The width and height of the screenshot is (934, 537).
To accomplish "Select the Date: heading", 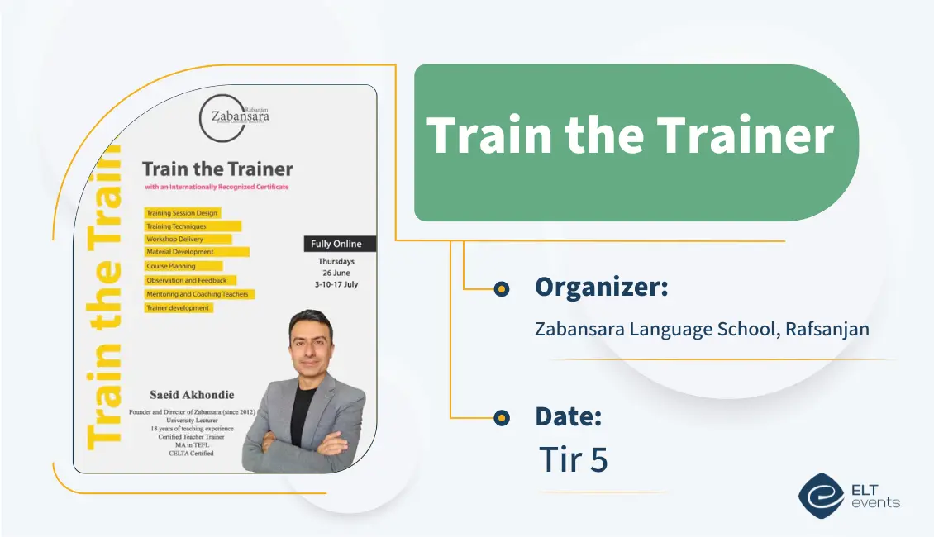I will coord(568,416).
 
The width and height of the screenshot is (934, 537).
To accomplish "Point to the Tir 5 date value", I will coord(573,459).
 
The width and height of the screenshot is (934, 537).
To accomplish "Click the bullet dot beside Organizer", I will coord(501,288).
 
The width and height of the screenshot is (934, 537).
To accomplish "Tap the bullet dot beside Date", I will coord(501,418).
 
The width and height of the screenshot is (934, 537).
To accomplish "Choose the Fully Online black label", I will coord(336,244).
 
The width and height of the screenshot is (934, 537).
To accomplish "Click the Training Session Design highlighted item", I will coord(182,213).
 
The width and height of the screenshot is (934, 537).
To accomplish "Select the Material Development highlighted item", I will coord(180,252).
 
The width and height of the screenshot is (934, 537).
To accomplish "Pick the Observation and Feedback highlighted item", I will coord(185,280).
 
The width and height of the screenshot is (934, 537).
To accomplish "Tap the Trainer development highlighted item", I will coord(179,308).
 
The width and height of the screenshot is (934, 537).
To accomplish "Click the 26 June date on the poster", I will coord(336,273).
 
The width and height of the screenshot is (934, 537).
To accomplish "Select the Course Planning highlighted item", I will coord(171,266).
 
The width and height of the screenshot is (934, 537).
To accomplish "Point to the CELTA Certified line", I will coord(191,453).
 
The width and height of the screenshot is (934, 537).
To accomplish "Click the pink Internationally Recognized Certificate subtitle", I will coord(217,188).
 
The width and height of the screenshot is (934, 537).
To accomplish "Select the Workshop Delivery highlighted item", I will coord(174,239).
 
